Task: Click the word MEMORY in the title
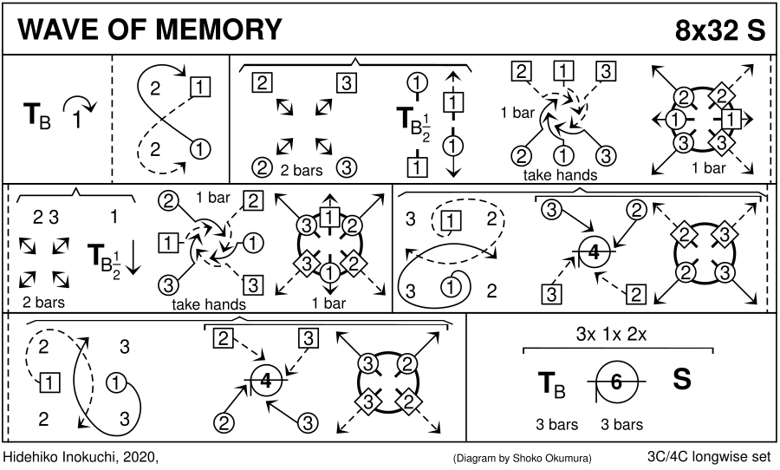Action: coord(216,30)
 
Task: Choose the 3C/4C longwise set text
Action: coord(711,456)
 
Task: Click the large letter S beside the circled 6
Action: coord(682,381)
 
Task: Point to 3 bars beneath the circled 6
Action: coord(621,425)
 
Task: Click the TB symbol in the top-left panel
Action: coord(36,114)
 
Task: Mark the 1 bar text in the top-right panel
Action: coord(709,168)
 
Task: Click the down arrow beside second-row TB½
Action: coord(133,256)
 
